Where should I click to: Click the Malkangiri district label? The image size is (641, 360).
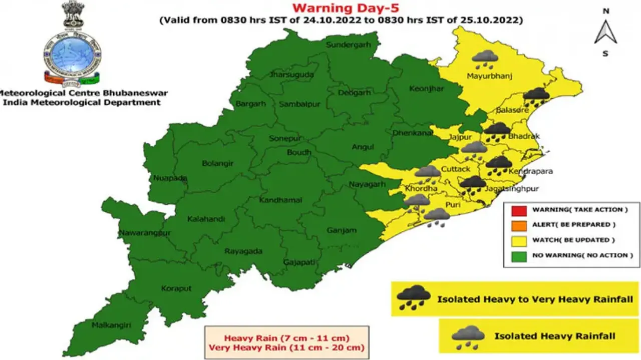(111, 325)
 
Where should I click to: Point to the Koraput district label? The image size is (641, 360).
(176, 288)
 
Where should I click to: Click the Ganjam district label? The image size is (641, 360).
(342, 230)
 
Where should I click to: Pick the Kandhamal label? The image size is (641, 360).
(280, 200)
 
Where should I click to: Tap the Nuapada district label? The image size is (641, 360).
(170, 178)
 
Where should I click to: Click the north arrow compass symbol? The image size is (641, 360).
(605, 32)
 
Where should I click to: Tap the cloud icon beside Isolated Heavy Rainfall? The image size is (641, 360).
(468, 337)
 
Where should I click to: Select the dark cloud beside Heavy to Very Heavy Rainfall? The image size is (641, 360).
(413, 298)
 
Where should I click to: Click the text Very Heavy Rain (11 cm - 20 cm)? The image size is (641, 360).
(286, 347)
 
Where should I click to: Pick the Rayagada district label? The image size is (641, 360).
(243, 251)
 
